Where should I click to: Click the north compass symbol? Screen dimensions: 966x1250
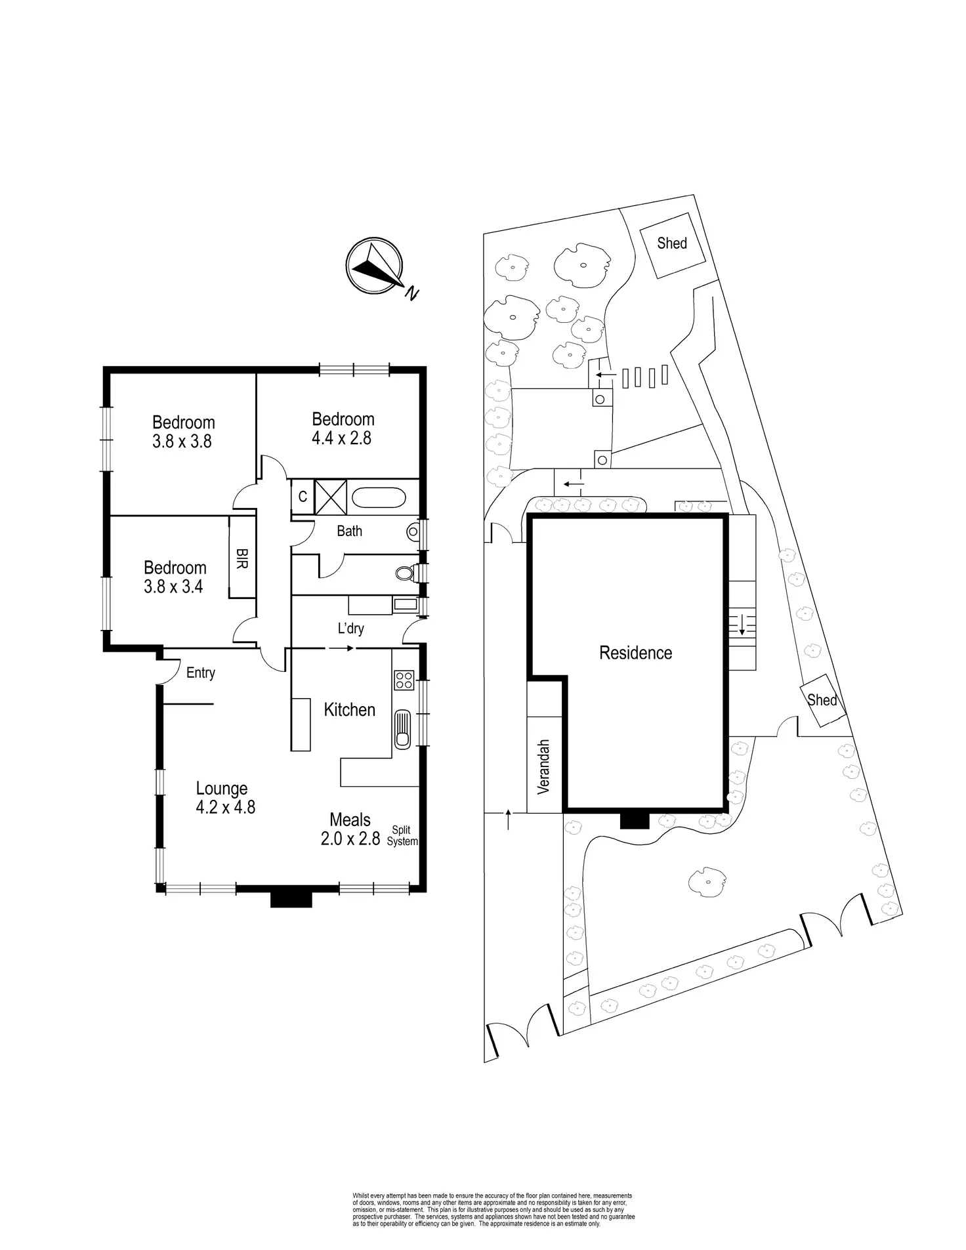coord(374,266)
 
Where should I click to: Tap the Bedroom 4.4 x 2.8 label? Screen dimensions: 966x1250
coord(343,428)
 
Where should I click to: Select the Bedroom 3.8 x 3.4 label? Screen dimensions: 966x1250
coord(175,577)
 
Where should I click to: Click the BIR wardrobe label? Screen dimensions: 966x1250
coord(241,558)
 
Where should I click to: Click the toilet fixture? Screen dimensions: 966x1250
coord(406,573)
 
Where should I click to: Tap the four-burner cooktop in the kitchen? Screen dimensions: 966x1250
coord(403,679)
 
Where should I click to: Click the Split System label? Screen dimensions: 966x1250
coord(402,836)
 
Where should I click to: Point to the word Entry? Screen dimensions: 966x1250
coord(200,673)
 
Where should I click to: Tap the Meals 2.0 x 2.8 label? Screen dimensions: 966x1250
coord(350,829)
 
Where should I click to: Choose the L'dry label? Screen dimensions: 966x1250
coord(350,629)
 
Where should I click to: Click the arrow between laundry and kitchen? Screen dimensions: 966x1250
coord(341,648)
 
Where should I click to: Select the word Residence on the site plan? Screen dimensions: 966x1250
coord(635,653)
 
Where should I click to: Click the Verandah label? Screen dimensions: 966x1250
coord(544,767)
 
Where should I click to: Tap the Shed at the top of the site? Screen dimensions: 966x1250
coord(672,243)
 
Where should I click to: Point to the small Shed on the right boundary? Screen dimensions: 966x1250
coord(821,700)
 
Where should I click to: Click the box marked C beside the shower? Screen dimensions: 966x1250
coord(303,497)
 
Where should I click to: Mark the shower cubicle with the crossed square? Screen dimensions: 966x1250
coord(331,496)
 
